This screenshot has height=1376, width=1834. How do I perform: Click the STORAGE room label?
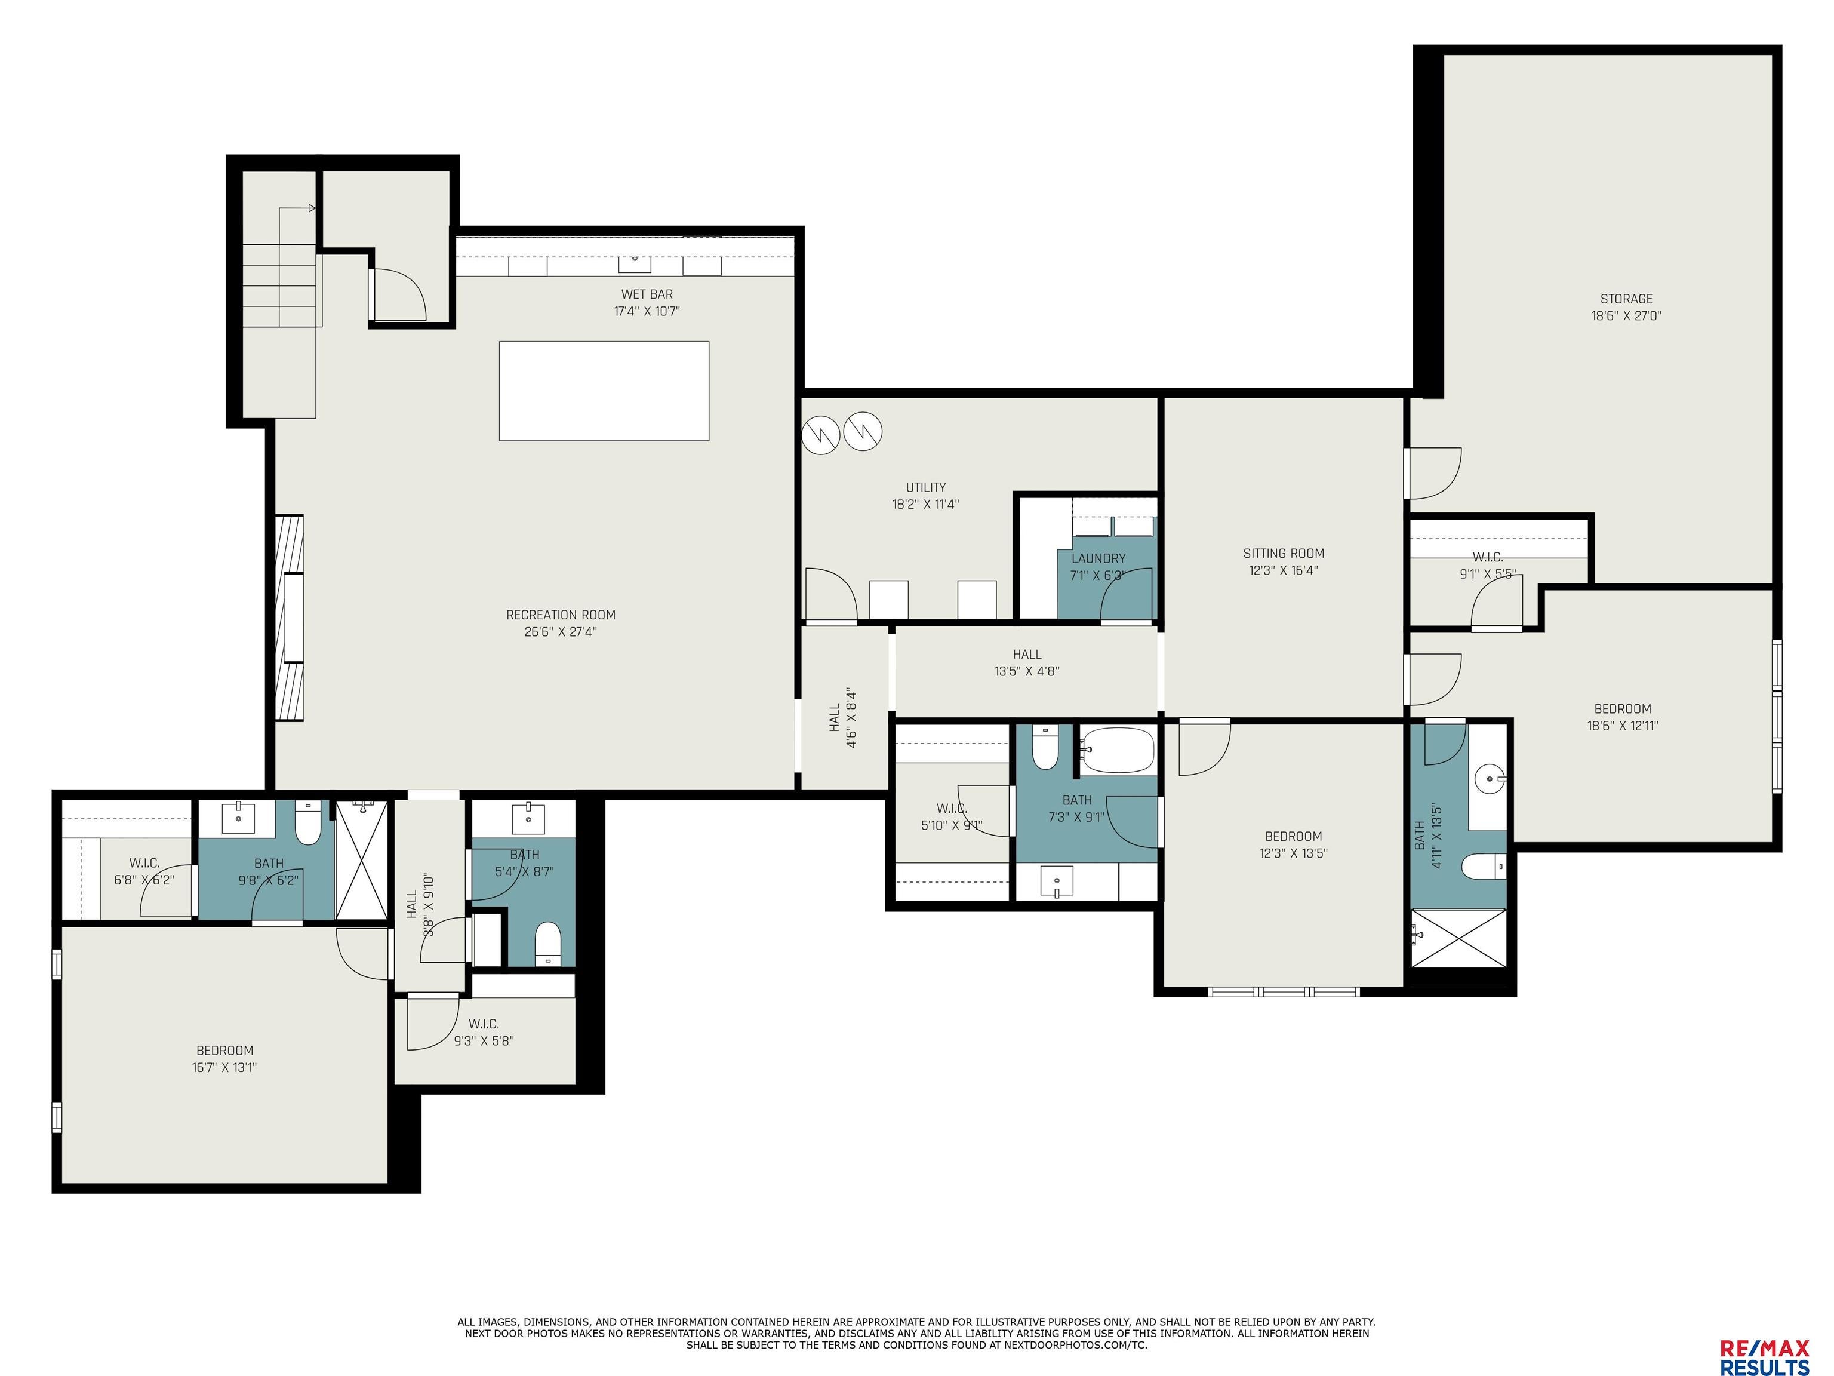click(x=1625, y=299)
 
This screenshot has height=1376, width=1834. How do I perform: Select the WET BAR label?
click(x=647, y=294)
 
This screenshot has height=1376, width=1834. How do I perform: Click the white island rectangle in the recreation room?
click(x=604, y=390)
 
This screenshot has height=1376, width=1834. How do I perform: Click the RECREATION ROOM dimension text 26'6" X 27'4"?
click(x=561, y=632)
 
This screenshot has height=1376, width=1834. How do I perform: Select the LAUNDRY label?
click(x=1098, y=558)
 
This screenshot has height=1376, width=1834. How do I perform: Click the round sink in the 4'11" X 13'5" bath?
click(x=1490, y=779)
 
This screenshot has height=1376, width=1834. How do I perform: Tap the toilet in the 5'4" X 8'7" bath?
click(x=548, y=944)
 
